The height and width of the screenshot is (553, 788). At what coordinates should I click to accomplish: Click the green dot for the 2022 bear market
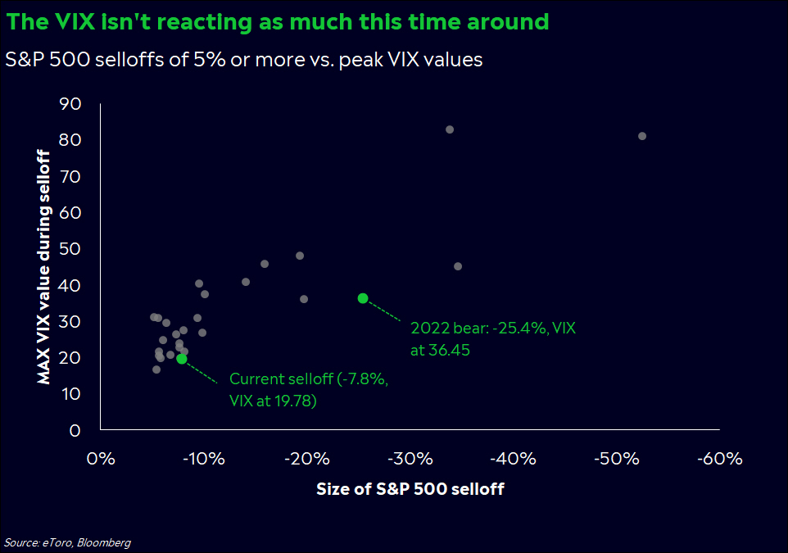[363, 298]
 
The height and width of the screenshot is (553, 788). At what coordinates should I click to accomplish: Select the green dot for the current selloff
[181, 359]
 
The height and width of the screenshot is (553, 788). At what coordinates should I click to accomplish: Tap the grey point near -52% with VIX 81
[642, 136]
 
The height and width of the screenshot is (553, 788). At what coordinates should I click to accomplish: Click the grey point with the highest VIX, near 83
[450, 129]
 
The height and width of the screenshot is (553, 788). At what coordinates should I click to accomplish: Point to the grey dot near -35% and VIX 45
[458, 266]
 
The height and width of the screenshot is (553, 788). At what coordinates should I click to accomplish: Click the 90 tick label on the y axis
[71, 104]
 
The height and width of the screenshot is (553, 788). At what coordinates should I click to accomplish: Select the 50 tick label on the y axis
[71, 249]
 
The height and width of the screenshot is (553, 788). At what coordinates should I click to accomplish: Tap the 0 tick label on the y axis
[75, 430]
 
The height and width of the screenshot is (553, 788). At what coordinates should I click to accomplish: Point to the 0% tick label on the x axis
[100, 459]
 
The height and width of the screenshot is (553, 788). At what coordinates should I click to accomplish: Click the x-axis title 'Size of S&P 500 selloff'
[410, 490]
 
